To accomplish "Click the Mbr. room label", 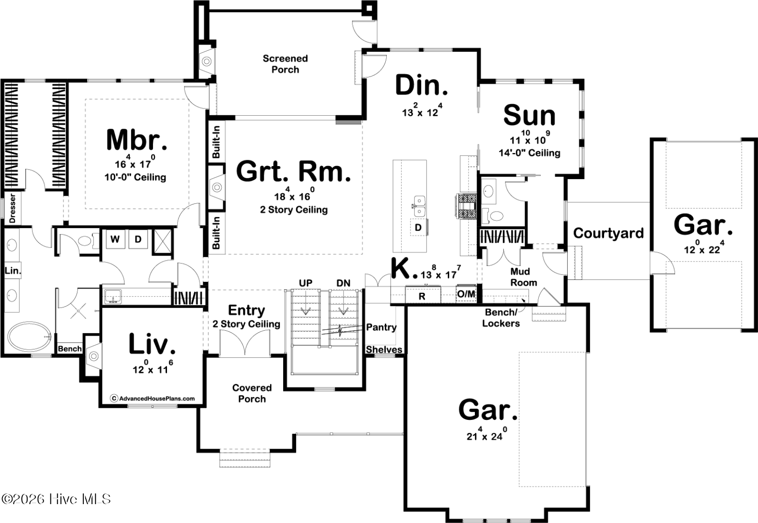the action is [x=136, y=139].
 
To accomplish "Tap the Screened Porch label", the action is [x=285, y=64].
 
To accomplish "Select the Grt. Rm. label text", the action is [x=293, y=171].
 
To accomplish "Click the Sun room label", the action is [x=529, y=115].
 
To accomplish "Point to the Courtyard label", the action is [x=608, y=233].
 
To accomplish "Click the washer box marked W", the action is [x=115, y=239].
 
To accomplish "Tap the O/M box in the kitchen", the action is [x=466, y=294].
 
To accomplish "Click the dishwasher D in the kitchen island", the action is [x=418, y=228].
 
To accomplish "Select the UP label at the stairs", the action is [x=305, y=283].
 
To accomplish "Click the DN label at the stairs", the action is [x=344, y=283].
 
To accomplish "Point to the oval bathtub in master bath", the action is [x=30, y=337].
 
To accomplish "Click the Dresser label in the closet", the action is [x=13, y=208].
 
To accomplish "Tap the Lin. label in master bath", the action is [x=13, y=271].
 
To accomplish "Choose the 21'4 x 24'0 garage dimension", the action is [x=486, y=434].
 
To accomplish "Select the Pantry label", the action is [x=381, y=327].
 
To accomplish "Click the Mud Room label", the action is [x=524, y=277].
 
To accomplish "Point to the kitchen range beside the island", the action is [x=466, y=206].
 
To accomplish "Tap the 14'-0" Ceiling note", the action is [x=529, y=153].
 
